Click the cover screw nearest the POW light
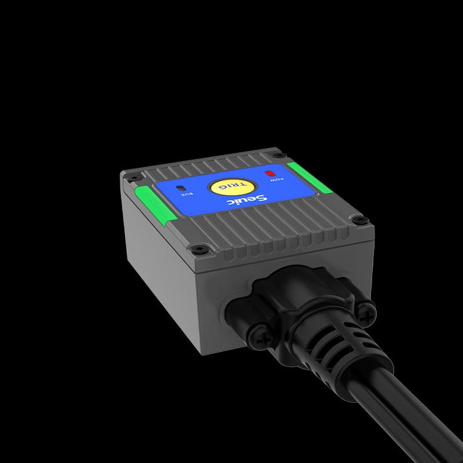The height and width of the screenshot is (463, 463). (x=281, y=155)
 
